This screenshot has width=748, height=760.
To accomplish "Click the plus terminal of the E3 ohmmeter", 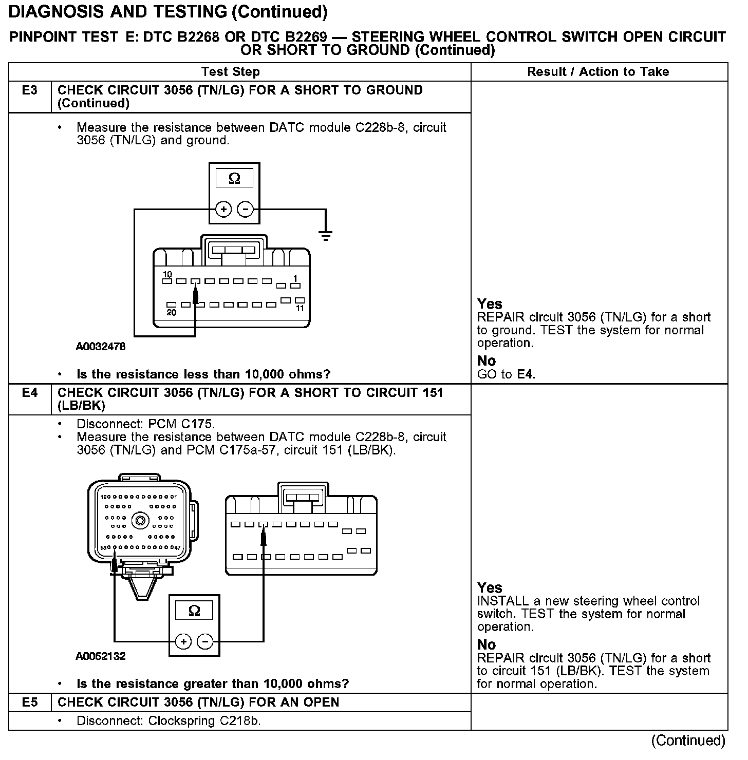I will pos(223,210).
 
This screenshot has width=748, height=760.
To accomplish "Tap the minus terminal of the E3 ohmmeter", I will pos(246,210).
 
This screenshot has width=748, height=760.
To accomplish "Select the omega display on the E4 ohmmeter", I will pos(194,611).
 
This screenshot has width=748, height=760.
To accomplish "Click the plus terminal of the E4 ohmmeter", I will pos(183,641).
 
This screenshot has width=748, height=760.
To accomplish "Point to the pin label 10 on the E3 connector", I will pos(167,275).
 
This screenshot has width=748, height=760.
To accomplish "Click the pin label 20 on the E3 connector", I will pos(172,312).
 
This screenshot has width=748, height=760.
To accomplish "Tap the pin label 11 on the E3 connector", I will pos(300,308).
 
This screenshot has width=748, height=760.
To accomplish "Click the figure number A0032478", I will pos(101,347).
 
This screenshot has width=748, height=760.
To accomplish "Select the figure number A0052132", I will pos(101,656).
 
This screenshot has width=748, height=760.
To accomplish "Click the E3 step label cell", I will pos(30,91).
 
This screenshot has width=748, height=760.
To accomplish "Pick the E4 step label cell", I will pos(30,393).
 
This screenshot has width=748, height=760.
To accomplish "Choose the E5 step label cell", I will pos(30,702).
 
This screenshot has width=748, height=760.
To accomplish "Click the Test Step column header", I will pos(231,72).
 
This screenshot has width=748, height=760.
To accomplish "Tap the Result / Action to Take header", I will pos(598,72).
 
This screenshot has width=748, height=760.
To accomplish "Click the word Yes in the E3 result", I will pos(490,303).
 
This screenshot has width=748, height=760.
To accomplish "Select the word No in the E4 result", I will pos(487,644).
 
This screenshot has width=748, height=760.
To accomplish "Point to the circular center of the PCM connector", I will pos(140,521).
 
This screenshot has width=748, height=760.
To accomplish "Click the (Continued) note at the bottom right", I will pos(688,740).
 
